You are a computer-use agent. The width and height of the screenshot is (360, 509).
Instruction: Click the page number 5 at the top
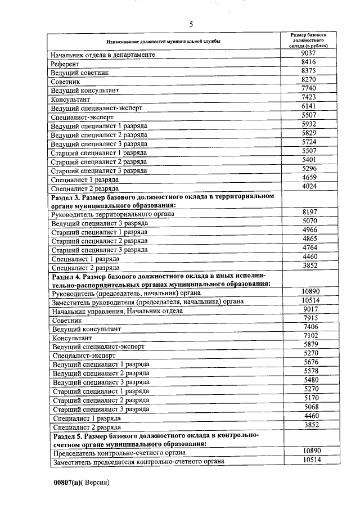[x=191, y=24]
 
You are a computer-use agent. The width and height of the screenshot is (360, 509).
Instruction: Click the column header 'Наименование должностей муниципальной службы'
[x=164, y=42]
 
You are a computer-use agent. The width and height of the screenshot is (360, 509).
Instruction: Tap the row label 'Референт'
[x=65, y=64]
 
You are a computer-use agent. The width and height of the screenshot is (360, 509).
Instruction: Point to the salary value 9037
[x=309, y=53]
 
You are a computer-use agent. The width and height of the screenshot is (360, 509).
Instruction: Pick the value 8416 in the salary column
[x=309, y=62]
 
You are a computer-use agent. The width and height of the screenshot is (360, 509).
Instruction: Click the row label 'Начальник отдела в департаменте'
[x=103, y=55]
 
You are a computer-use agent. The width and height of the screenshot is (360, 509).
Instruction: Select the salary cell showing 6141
[x=309, y=106]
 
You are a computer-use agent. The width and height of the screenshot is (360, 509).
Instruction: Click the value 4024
[x=309, y=186]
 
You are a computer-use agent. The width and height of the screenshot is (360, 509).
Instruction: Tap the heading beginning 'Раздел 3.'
[x=163, y=200]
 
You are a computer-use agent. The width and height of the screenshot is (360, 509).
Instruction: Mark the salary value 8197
[x=309, y=212]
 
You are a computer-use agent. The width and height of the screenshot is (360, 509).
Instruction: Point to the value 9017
[x=310, y=309]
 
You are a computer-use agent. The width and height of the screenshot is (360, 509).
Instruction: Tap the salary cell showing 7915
[x=310, y=318]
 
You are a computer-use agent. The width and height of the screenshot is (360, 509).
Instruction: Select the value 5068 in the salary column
[x=310, y=407]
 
